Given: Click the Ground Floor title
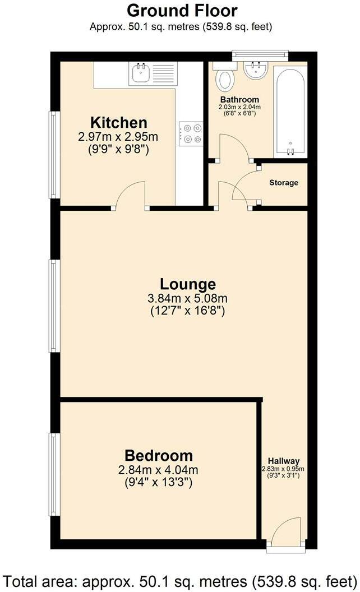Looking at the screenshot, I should (x=182, y=10).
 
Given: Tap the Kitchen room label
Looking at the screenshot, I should (x=119, y=122).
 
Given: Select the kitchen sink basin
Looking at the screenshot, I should (x=138, y=73).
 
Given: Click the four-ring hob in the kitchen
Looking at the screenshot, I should (x=191, y=134).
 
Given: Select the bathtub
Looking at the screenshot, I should (x=290, y=112).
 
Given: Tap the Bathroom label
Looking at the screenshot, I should (x=239, y=100).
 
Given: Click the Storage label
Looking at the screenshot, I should (x=283, y=183).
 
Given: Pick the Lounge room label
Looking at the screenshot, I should (x=187, y=284).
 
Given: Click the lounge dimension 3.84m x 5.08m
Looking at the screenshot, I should (x=187, y=298).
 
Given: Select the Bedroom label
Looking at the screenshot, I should (x=159, y=455).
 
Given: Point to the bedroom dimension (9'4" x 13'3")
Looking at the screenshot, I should (x=159, y=482).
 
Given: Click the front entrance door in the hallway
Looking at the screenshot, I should (x=286, y=533).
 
